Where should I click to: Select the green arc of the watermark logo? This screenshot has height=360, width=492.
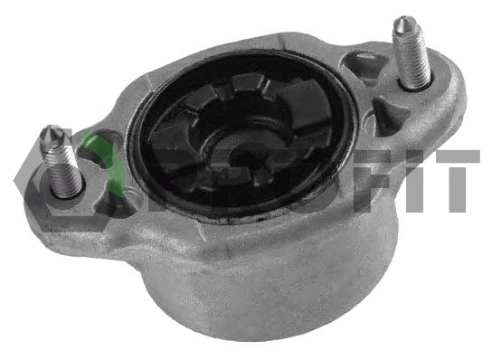90,149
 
